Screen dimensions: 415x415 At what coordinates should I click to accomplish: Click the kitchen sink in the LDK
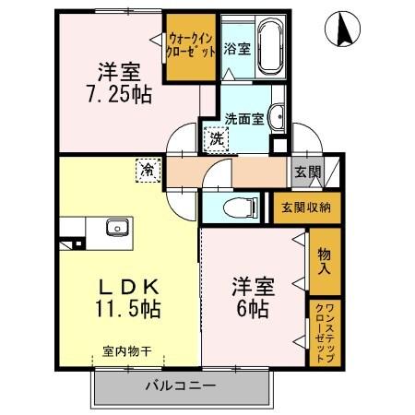coord(117,228)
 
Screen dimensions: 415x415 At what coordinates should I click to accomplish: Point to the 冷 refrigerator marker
coord(147,170)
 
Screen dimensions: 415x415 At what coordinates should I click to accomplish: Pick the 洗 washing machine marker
coord(214,140)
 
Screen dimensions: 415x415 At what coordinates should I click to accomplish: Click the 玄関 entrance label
coord(307,172)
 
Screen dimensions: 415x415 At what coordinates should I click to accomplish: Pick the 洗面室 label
coord(244,118)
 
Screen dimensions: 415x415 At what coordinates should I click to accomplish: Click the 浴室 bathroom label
coord(237,49)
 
